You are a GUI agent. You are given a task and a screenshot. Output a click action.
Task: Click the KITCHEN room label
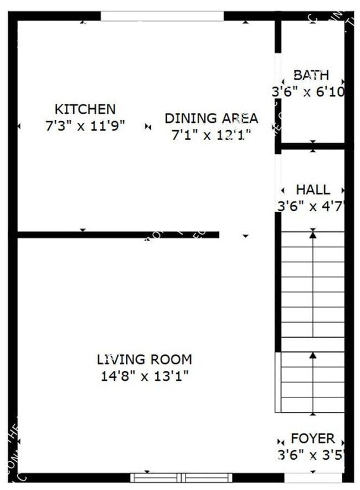coord(85,109)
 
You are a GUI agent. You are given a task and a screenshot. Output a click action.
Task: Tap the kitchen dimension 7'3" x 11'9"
coord(85,126)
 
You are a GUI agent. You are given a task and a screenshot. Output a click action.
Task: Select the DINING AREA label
coord(211,118)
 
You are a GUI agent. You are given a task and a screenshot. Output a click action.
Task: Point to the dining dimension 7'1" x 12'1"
coord(211,135)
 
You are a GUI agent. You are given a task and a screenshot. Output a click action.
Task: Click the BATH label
coord(311,75)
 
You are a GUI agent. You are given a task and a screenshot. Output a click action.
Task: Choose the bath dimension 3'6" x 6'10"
coord(309,92)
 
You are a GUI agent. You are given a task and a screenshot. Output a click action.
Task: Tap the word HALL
coord(312,190)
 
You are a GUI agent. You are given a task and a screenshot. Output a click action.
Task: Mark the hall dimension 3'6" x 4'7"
coord(311,207)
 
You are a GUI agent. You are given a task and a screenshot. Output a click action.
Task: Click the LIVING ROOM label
coord(144,359)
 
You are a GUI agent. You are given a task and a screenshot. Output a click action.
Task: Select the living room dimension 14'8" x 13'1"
coord(144,376)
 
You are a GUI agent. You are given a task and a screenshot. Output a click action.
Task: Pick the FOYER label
coord(312,439)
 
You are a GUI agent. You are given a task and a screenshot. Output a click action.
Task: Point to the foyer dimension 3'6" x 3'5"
coord(311,456)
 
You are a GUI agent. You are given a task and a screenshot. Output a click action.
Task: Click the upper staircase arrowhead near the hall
coord(313,235)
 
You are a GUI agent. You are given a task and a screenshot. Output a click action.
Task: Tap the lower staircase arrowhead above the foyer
coord(313,355)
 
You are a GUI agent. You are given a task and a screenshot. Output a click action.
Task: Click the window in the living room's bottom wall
coord(181,477)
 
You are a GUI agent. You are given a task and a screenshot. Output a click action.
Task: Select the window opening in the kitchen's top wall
coord(162,16)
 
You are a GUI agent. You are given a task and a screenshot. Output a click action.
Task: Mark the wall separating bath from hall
coord(313,146)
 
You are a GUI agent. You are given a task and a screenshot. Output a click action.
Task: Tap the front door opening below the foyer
coord(313,477)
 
